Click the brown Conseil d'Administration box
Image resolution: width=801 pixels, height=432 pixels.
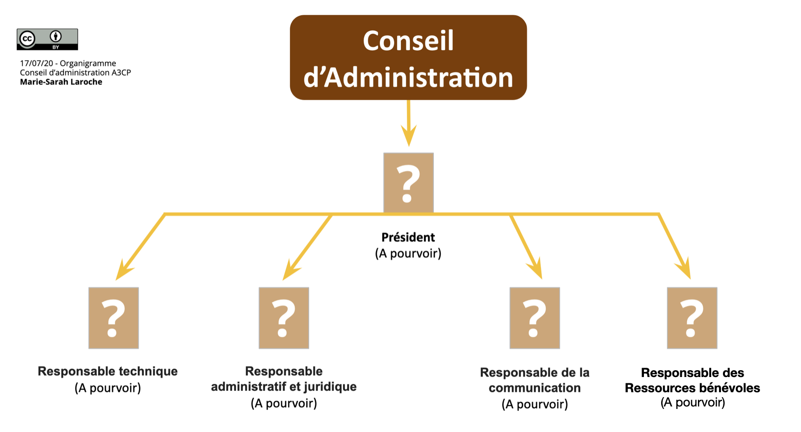(408, 57)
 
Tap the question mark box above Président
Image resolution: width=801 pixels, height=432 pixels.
(408, 183)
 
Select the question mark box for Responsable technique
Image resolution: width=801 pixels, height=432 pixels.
(113, 318)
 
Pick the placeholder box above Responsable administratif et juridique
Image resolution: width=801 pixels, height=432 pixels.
(284, 318)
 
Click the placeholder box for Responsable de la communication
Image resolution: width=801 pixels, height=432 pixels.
(534, 318)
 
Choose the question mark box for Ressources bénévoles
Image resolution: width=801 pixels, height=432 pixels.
(692, 318)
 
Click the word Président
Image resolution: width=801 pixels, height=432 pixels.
(408, 238)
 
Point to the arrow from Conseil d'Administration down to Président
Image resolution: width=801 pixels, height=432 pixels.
(408, 123)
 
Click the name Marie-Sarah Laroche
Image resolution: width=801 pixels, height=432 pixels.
(61, 82)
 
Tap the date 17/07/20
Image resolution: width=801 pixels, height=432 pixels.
(36, 63)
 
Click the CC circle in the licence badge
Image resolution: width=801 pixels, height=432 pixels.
(27, 39)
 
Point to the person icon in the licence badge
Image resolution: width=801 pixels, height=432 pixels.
(55, 36)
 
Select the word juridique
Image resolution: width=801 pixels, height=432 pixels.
(330, 387)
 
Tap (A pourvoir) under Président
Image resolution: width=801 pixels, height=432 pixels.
(408, 254)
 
